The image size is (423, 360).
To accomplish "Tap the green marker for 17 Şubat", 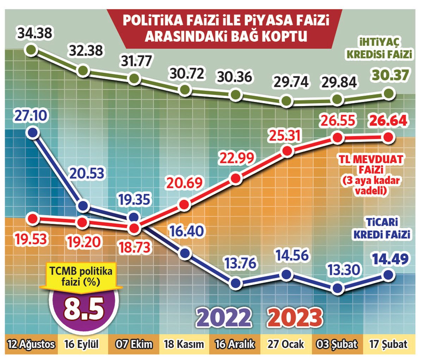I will click(388, 93).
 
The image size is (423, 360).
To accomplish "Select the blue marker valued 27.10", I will click(33, 132).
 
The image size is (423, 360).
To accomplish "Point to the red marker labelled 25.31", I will click(287, 151).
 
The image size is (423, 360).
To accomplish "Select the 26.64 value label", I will click(387, 120).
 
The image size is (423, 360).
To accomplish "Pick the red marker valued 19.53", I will click(33, 219).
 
